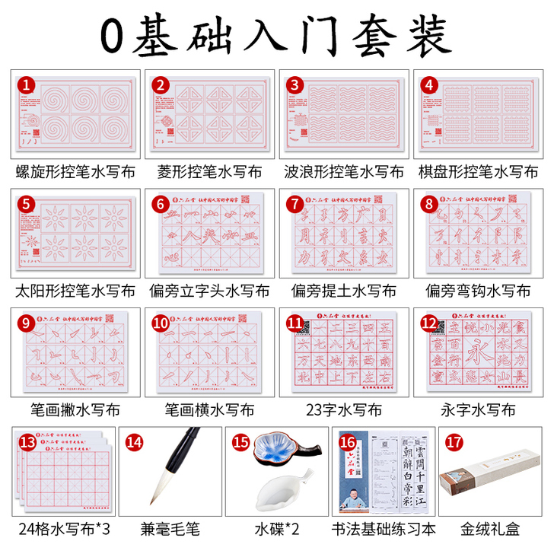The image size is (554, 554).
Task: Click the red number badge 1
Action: click(27, 85)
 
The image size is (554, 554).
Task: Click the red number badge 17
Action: click(427, 440)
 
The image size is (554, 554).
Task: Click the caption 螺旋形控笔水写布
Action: click(75, 172)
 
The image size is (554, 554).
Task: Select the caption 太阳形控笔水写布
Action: click(75, 291)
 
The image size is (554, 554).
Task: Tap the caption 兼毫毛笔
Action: click(182, 527)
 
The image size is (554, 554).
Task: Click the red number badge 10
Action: click(161, 323)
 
